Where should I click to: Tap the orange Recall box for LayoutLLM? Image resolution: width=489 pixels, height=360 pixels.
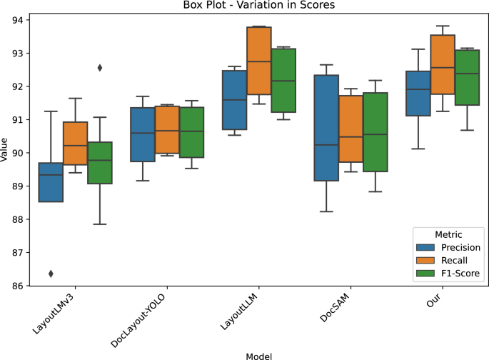258,61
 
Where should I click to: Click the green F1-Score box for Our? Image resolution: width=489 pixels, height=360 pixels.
468,77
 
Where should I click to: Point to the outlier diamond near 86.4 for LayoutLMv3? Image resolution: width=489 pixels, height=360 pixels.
49,274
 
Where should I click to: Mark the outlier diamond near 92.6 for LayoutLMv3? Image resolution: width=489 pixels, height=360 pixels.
100,68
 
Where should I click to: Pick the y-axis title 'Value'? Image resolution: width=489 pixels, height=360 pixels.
5,153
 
